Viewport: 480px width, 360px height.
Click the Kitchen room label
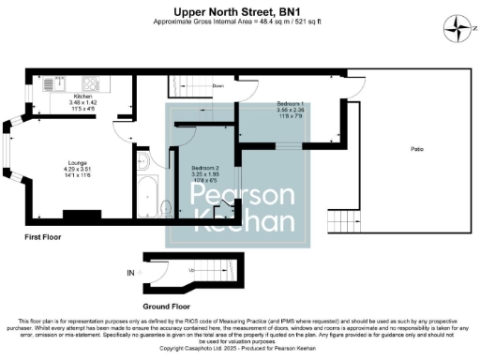coord(82,97)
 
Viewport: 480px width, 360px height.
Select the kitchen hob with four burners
coord(93,82)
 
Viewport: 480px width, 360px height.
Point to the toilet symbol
coord(166,206)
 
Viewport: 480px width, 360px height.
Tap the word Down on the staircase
coord(217,85)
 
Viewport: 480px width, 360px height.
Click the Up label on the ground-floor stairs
coord(193,270)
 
